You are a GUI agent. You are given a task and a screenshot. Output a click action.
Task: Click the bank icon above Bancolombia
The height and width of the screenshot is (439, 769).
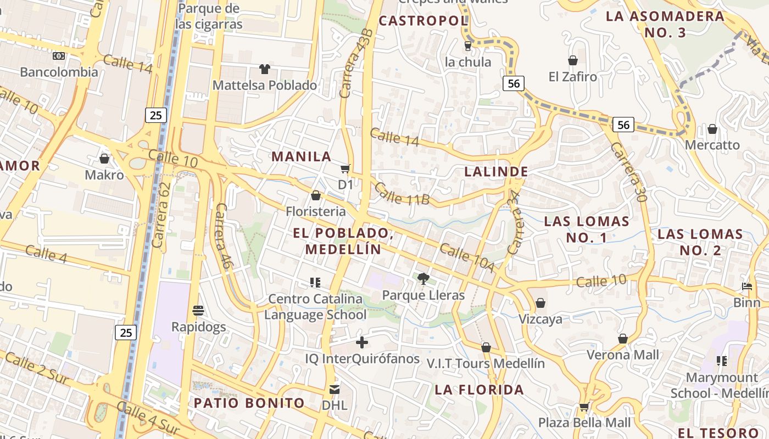click(59, 56)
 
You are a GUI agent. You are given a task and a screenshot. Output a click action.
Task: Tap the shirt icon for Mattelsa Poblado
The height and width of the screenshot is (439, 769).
click(265, 69)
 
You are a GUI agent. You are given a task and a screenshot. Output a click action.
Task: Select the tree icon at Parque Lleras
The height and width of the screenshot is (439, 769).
click(423, 279)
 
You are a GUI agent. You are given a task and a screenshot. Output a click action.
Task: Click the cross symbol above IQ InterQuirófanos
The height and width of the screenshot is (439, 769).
click(362, 343)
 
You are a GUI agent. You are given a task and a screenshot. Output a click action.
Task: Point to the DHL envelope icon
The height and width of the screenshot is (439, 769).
click(334, 390)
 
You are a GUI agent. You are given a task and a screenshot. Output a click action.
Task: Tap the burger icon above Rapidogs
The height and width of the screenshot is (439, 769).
click(198, 311)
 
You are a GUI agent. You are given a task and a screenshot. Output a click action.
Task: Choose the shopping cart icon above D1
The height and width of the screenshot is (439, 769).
click(346, 169)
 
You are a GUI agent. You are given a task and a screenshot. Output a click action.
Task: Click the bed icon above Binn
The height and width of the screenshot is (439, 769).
click(746, 286)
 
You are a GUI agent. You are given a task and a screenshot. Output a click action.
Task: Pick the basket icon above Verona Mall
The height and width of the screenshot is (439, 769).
click(623, 339)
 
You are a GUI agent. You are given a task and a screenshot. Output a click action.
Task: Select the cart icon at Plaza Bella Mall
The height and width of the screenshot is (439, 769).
click(584, 407)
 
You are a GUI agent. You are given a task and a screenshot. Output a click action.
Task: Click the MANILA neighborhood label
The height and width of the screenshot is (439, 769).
click(302, 156)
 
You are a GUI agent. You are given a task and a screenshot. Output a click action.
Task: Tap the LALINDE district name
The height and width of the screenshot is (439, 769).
click(496, 172)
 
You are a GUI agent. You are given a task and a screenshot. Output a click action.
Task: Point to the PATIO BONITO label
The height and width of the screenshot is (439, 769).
click(249, 403)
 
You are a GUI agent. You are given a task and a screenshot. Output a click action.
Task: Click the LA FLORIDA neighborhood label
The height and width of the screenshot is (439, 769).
click(479, 390)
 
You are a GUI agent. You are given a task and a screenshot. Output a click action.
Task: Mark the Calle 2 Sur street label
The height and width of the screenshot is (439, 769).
click(37, 368)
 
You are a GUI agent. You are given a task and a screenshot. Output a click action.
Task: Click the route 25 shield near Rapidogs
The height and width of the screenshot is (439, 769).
click(126, 332)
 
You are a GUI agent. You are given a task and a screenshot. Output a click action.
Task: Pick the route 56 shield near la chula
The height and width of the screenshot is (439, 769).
click(513, 83)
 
